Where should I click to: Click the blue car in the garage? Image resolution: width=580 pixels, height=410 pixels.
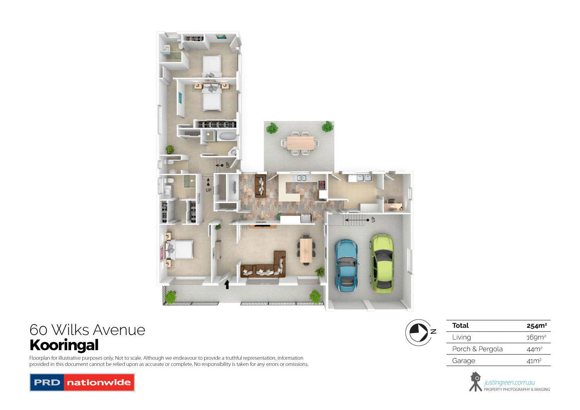pyautogui.click(x=346, y=265)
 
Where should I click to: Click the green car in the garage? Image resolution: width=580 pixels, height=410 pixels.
pyautogui.click(x=382, y=263)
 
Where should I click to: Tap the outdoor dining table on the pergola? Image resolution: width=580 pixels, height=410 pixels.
pyautogui.click(x=300, y=143)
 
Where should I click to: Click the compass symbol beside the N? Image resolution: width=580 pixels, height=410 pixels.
pyautogui.click(x=418, y=332)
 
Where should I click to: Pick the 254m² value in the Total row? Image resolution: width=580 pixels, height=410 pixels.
pyautogui.click(x=536, y=326)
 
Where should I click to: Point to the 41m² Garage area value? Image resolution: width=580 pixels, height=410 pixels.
pyautogui.click(x=534, y=361)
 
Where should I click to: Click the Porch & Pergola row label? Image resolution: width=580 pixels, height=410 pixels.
pyautogui.click(x=477, y=349)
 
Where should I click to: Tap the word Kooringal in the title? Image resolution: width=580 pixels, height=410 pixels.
pyautogui.click(x=64, y=345)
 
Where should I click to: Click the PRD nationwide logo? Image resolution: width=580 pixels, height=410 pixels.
pyautogui.click(x=82, y=383)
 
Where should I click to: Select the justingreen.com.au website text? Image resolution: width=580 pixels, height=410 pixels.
pyautogui.click(x=509, y=383)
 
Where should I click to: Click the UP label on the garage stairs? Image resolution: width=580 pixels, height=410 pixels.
pyautogui.click(x=373, y=220)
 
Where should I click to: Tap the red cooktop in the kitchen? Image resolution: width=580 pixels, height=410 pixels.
pyautogui.click(x=322, y=184)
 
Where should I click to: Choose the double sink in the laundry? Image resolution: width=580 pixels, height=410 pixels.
pyautogui.click(x=364, y=178)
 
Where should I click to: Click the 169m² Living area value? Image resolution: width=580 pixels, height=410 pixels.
pyautogui.click(x=536, y=337)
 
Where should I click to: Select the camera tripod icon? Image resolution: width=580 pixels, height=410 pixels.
pyautogui.click(x=475, y=382)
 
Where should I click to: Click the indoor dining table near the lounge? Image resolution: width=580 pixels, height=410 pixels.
pyautogui.click(x=306, y=250)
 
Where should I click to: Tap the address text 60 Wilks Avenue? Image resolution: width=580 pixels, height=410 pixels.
pyautogui.click(x=87, y=330)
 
